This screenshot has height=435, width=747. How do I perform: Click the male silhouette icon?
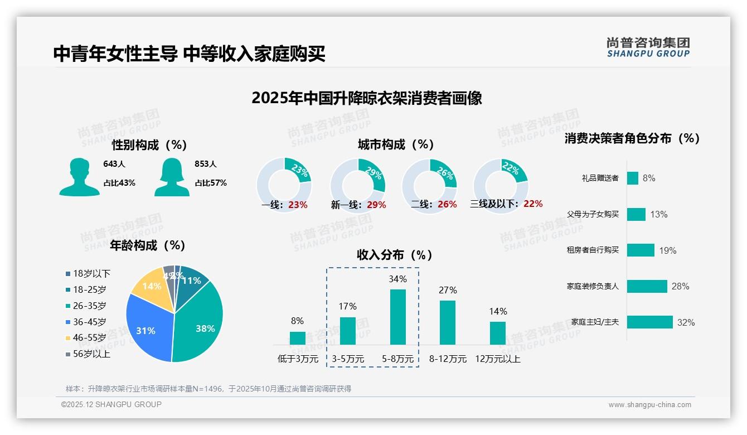pyautogui.click(x=79, y=177)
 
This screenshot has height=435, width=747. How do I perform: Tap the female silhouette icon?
pyautogui.click(x=172, y=177)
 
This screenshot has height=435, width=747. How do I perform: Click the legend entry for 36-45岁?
pyautogui.click(x=89, y=322)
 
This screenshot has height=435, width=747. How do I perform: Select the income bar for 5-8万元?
pyautogui.click(x=397, y=317)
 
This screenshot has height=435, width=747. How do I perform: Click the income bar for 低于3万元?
pyautogui.click(x=298, y=338)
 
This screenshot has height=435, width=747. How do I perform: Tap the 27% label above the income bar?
pyautogui.click(x=448, y=290)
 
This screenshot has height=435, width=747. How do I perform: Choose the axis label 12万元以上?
pyautogui.click(x=497, y=359)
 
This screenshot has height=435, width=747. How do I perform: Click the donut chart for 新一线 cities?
pyautogui.click(x=358, y=185)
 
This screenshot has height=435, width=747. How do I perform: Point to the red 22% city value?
pyautogui.click(x=533, y=204)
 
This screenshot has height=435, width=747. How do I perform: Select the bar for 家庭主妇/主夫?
pyautogui.click(x=649, y=322)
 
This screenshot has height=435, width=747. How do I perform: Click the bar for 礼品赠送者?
pyautogui.click(x=632, y=178)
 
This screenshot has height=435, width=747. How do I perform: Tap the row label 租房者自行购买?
pyautogui.click(x=593, y=250)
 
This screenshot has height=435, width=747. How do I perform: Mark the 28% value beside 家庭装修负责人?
pyautogui.click(x=680, y=286)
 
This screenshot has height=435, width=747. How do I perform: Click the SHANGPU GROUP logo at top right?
pyautogui.click(x=648, y=47)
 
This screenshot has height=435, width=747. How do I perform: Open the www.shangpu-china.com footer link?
pyautogui.click(x=649, y=405)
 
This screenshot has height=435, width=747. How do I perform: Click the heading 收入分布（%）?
pyautogui.click(x=395, y=255)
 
